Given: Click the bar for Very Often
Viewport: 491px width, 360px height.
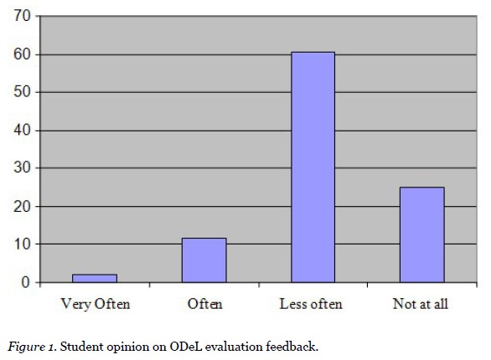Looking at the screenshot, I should click(95, 278).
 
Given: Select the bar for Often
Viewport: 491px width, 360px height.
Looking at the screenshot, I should click(204, 260).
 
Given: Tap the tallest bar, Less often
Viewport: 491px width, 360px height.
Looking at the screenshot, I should click(313, 167).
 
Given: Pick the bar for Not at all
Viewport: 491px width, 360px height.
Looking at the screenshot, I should click(421, 235).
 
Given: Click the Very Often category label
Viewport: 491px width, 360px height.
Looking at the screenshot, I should click(96, 304).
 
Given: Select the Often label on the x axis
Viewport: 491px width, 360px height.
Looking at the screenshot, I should click(204, 304).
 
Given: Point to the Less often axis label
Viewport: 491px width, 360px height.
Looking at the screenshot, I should click(311, 304).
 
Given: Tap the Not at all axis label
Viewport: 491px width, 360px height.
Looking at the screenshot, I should click(421, 304).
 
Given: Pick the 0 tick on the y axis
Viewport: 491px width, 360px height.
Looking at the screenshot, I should click(27, 283).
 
